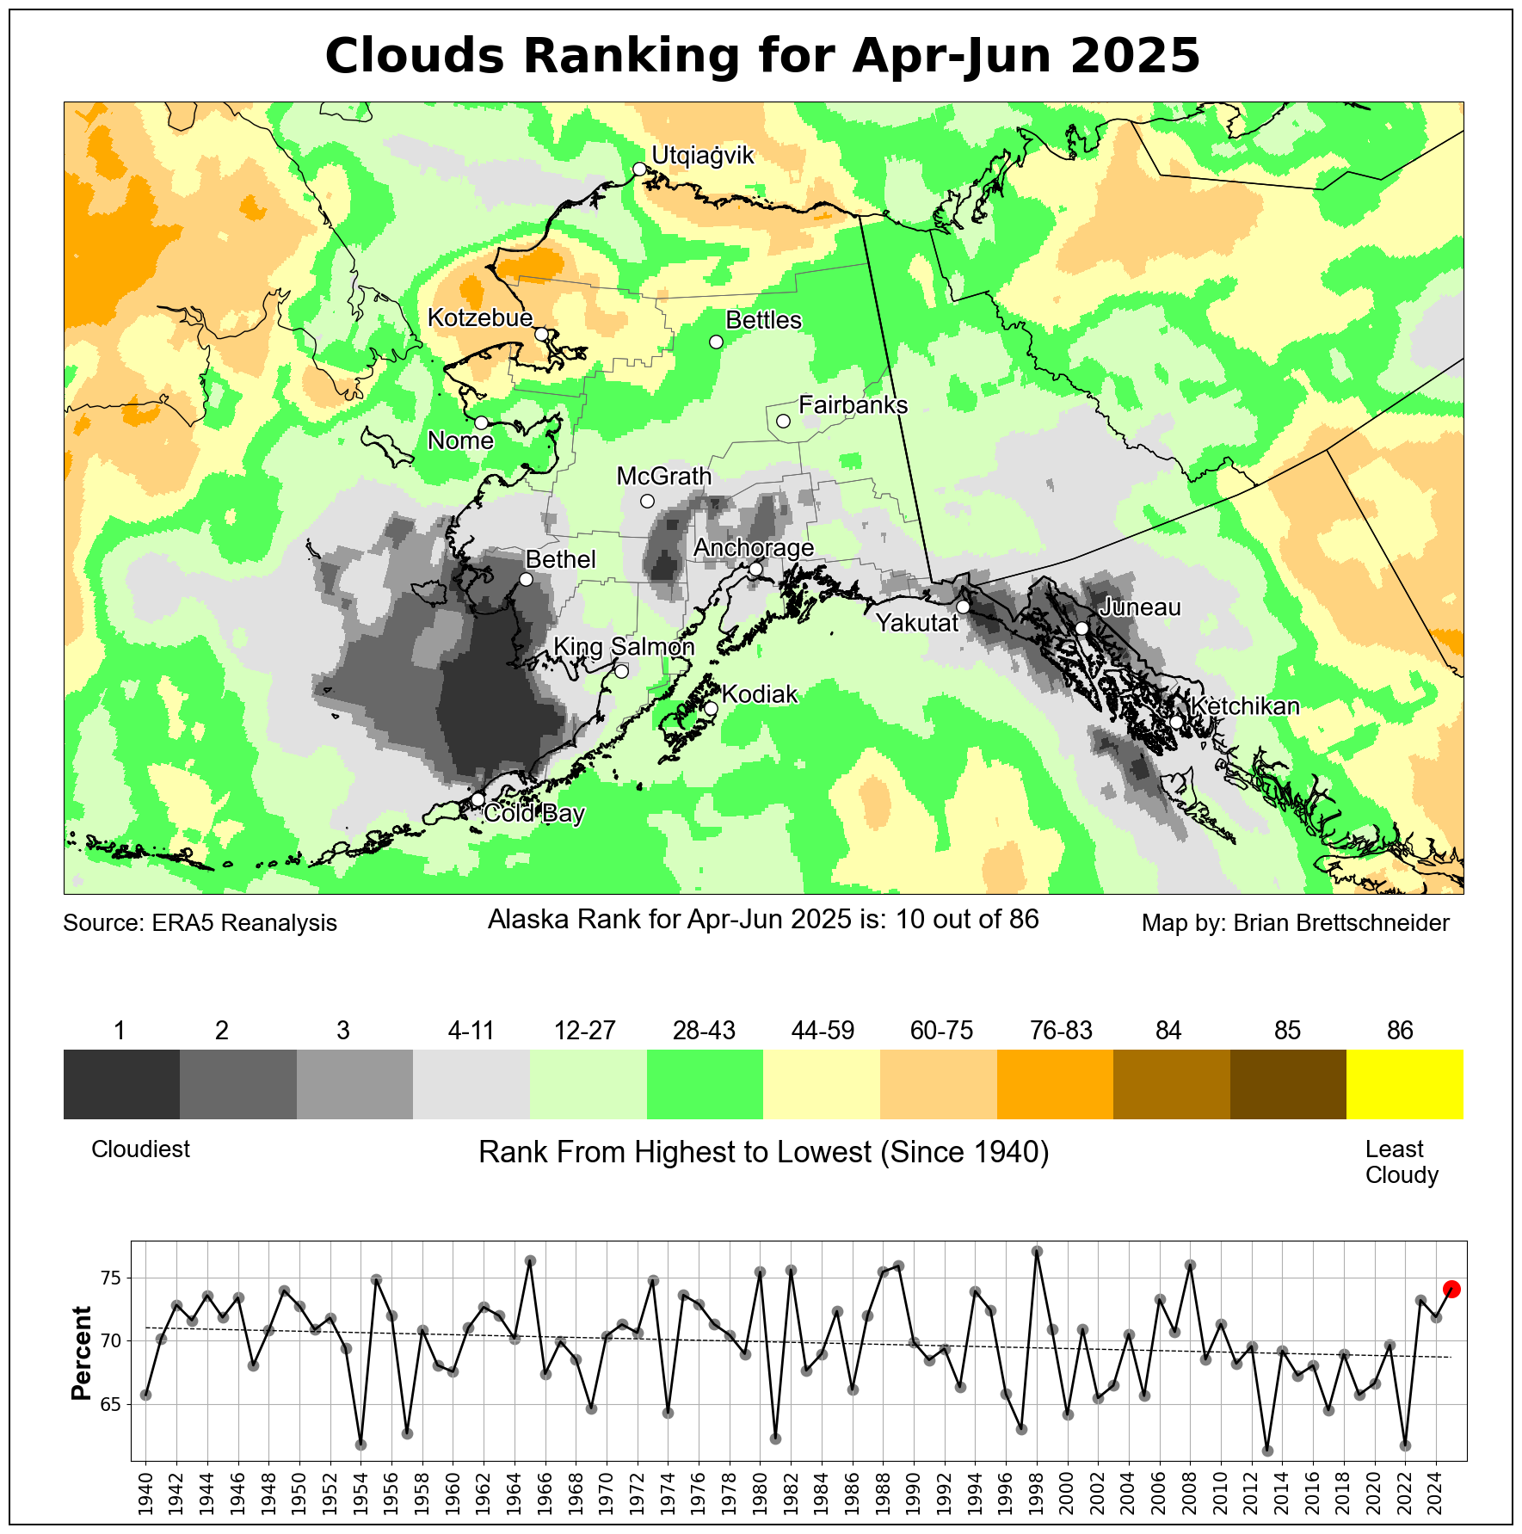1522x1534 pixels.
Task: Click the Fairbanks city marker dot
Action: (783, 421)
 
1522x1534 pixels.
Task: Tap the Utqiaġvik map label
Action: (702, 156)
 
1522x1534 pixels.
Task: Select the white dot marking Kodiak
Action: (711, 708)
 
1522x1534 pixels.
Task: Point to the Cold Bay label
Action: (533, 813)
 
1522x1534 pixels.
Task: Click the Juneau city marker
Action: (1081, 628)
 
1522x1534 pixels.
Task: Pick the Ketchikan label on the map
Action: (1244, 706)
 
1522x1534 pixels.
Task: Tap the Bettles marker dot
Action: (716, 342)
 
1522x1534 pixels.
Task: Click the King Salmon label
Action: (623, 646)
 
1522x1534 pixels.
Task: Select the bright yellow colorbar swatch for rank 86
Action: (1404, 1084)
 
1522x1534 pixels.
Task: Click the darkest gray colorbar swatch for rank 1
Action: (121, 1084)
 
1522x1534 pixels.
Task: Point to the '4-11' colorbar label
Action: (471, 1031)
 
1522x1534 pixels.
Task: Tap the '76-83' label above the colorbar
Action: (1061, 1031)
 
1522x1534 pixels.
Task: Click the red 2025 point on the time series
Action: (1451, 1289)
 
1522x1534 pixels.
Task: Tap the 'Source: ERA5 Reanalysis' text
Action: (200, 923)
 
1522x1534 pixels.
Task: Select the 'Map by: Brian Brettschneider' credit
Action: (1295, 923)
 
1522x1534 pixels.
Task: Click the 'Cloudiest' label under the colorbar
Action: (140, 1149)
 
